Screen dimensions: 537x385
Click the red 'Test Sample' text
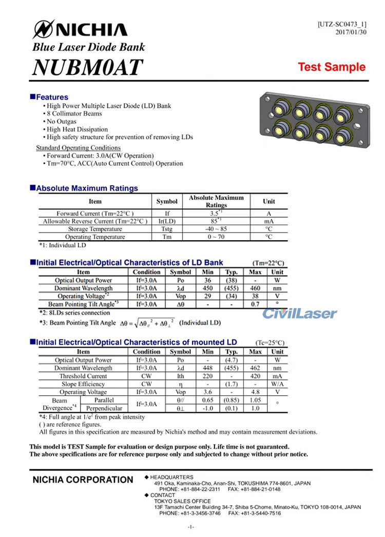332,67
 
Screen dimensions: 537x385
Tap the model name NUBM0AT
88,67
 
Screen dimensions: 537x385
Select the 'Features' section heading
52,97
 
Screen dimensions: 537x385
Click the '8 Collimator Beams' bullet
74,113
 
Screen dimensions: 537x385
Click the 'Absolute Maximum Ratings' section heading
87,188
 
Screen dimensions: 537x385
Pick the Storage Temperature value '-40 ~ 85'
216,229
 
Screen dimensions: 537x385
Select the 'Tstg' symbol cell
167,229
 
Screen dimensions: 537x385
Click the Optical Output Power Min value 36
208,280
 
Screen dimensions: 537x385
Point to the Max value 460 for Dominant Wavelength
255,289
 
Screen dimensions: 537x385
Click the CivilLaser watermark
300,313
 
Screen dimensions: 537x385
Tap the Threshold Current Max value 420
255,376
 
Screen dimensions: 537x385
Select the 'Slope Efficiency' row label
83,384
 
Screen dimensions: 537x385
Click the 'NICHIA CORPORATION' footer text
83,480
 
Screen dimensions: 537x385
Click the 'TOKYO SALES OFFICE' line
182,501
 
